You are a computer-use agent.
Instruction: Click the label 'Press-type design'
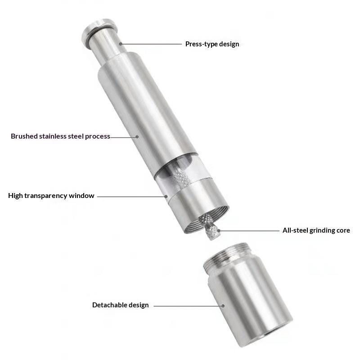(x=212, y=44)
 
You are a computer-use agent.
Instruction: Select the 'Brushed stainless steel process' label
(x=60, y=136)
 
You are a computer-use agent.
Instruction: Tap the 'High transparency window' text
(x=51, y=196)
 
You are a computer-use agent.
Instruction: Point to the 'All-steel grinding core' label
(x=316, y=230)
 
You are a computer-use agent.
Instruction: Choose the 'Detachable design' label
(x=120, y=305)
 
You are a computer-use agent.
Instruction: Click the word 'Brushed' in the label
(x=24, y=136)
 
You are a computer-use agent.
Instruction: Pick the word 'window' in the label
(x=81, y=196)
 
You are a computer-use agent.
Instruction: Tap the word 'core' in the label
(x=343, y=230)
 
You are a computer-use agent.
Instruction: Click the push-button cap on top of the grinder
(x=99, y=32)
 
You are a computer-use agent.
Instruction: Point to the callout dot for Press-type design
(x=121, y=44)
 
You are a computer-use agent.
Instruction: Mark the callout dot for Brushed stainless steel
(x=137, y=137)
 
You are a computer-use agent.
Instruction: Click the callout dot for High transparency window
(x=166, y=197)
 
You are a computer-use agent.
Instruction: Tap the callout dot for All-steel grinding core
(x=219, y=230)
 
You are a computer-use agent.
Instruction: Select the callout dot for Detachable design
(x=223, y=306)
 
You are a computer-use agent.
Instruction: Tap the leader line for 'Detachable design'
(x=188, y=306)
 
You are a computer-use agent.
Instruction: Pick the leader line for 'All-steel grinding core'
(x=249, y=231)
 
